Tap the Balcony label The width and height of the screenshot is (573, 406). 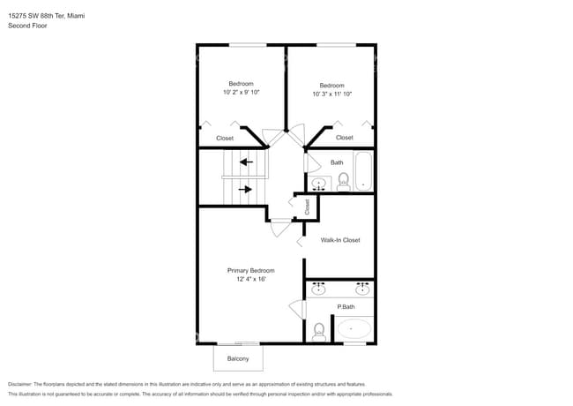(238, 358)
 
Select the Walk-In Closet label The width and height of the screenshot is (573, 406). (340, 240)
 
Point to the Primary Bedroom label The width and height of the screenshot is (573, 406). (251, 270)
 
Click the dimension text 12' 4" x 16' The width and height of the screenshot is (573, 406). (251, 279)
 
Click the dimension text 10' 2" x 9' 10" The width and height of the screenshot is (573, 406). (241, 92)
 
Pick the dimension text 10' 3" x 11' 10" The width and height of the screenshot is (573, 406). (331, 94)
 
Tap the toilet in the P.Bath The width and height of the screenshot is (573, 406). (319, 331)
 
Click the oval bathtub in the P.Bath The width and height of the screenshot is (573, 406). (355, 330)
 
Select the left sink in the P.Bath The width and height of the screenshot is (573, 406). (319, 289)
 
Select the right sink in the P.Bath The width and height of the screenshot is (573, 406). (361, 289)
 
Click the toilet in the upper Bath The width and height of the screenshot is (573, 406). (343, 181)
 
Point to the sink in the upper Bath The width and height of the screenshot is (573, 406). (319, 184)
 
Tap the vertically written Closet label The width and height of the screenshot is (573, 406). (307, 207)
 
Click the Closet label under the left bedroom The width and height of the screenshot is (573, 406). (225, 139)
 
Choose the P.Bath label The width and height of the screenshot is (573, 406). (346, 307)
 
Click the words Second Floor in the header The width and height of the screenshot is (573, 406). (27, 26)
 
